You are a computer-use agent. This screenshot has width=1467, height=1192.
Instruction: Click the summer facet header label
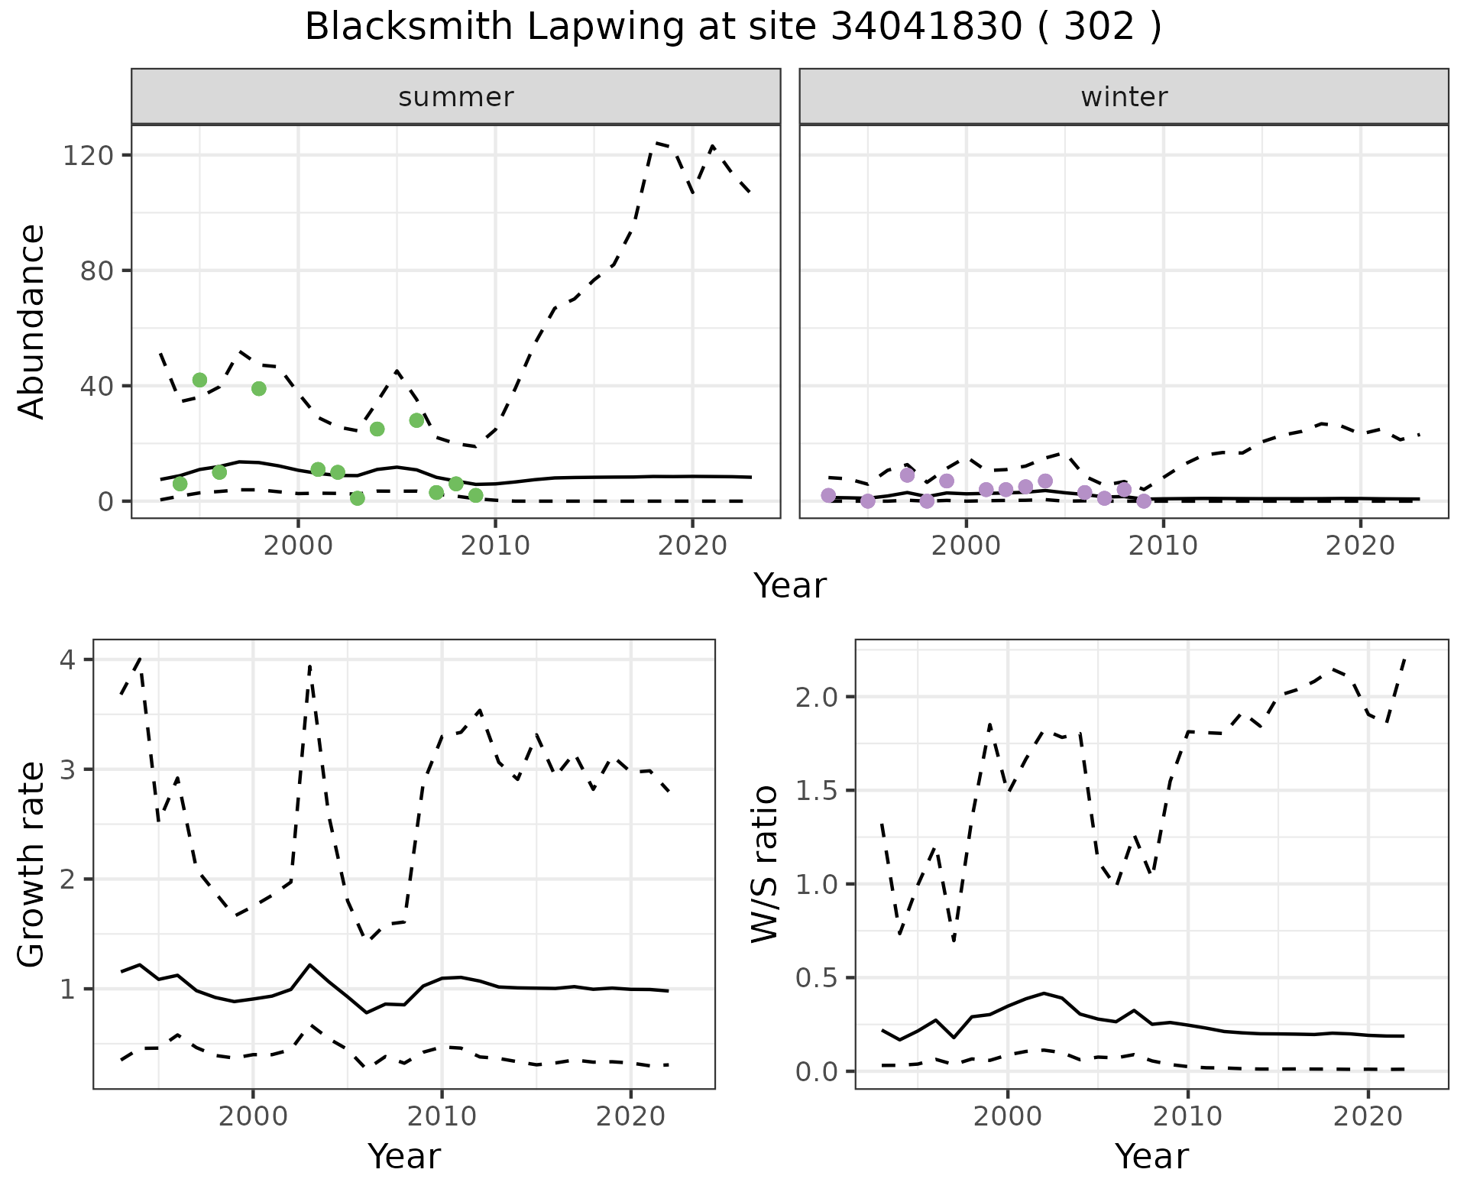coord(456,97)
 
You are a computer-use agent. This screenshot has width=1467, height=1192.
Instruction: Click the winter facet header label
coord(1124,97)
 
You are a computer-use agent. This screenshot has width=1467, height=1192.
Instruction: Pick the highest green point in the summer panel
coord(200,380)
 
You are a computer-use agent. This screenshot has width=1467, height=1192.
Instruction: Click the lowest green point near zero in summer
coord(358,498)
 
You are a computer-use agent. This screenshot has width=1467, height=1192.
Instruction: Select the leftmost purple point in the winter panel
coord(828,495)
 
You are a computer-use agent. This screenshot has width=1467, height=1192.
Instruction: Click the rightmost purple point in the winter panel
coord(1144,501)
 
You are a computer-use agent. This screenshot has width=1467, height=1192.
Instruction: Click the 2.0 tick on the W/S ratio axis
coord(818,697)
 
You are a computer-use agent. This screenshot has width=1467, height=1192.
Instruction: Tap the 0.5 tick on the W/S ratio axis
coord(818,978)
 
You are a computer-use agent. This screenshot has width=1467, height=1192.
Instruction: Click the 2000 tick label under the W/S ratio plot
coord(1008,1116)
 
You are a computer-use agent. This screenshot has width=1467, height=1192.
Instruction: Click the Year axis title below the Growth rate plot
coord(404,1156)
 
